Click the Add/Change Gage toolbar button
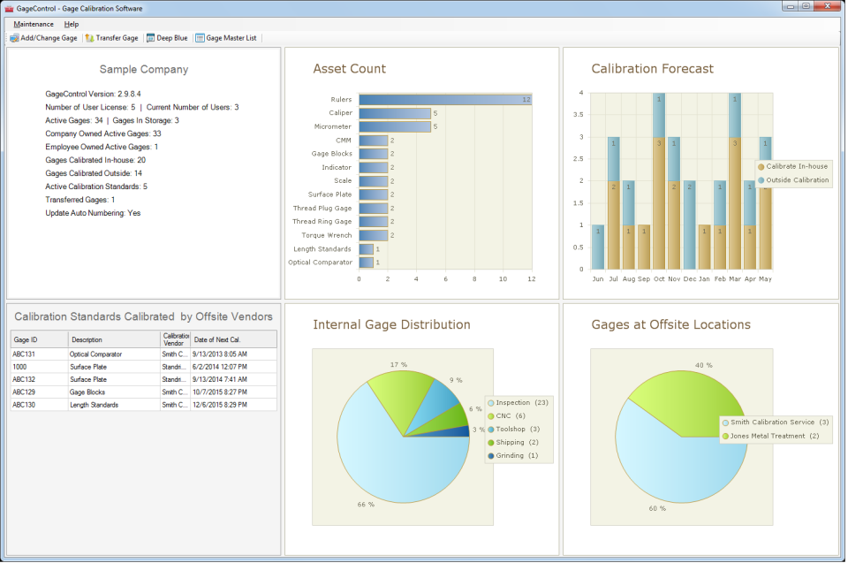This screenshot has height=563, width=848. pyautogui.click(x=44, y=38)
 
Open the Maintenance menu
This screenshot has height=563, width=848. pyautogui.click(x=34, y=24)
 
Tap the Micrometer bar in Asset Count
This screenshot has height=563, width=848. pyautogui.click(x=395, y=126)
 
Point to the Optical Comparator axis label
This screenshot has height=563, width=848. pyautogui.click(x=320, y=262)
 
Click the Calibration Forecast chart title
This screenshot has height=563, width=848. pyautogui.click(x=652, y=69)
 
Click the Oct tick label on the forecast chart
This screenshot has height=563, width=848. pyautogui.click(x=658, y=278)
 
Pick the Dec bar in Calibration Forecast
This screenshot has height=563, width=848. pyautogui.click(x=689, y=224)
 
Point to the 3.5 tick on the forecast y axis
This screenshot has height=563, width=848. pyautogui.click(x=579, y=114)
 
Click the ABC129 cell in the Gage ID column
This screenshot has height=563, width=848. pyautogui.click(x=24, y=392)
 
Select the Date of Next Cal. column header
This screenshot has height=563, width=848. pyautogui.click(x=219, y=340)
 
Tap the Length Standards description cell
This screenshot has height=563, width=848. pyautogui.click(x=95, y=405)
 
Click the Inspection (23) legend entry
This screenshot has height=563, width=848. pyautogui.click(x=523, y=403)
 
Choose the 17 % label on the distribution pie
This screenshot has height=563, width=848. pyautogui.click(x=398, y=364)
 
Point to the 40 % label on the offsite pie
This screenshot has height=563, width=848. pyautogui.click(x=704, y=364)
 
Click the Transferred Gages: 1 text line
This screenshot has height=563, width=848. pyautogui.click(x=80, y=200)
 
